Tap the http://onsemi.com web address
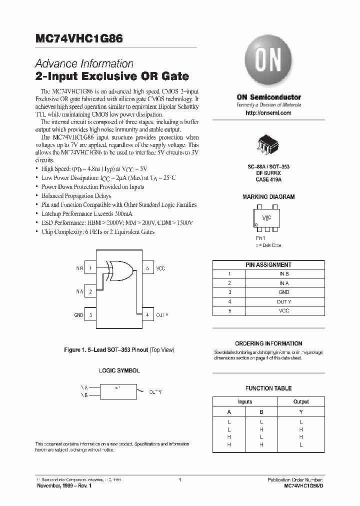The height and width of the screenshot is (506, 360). (x=268, y=113)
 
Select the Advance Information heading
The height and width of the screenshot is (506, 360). (x=84, y=64)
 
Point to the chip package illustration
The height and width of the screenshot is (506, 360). (x=268, y=142)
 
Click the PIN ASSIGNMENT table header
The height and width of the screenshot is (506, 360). (x=268, y=265)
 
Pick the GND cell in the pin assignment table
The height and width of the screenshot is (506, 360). (x=284, y=292)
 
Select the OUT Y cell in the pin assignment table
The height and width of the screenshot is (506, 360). (x=284, y=301)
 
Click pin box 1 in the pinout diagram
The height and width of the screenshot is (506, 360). (x=91, y=268)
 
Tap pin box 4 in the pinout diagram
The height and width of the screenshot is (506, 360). (x=147, y=315)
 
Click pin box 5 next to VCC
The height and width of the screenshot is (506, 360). (x=147, y=268)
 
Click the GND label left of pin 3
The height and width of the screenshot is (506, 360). (x=78, y=315)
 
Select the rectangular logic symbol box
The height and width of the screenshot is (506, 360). (x=118, y=390)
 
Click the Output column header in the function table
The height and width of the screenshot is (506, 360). (x=301, y=401)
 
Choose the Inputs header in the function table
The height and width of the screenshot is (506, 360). (x=245, y=401)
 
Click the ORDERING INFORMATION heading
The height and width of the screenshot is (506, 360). (x=268, y=343)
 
